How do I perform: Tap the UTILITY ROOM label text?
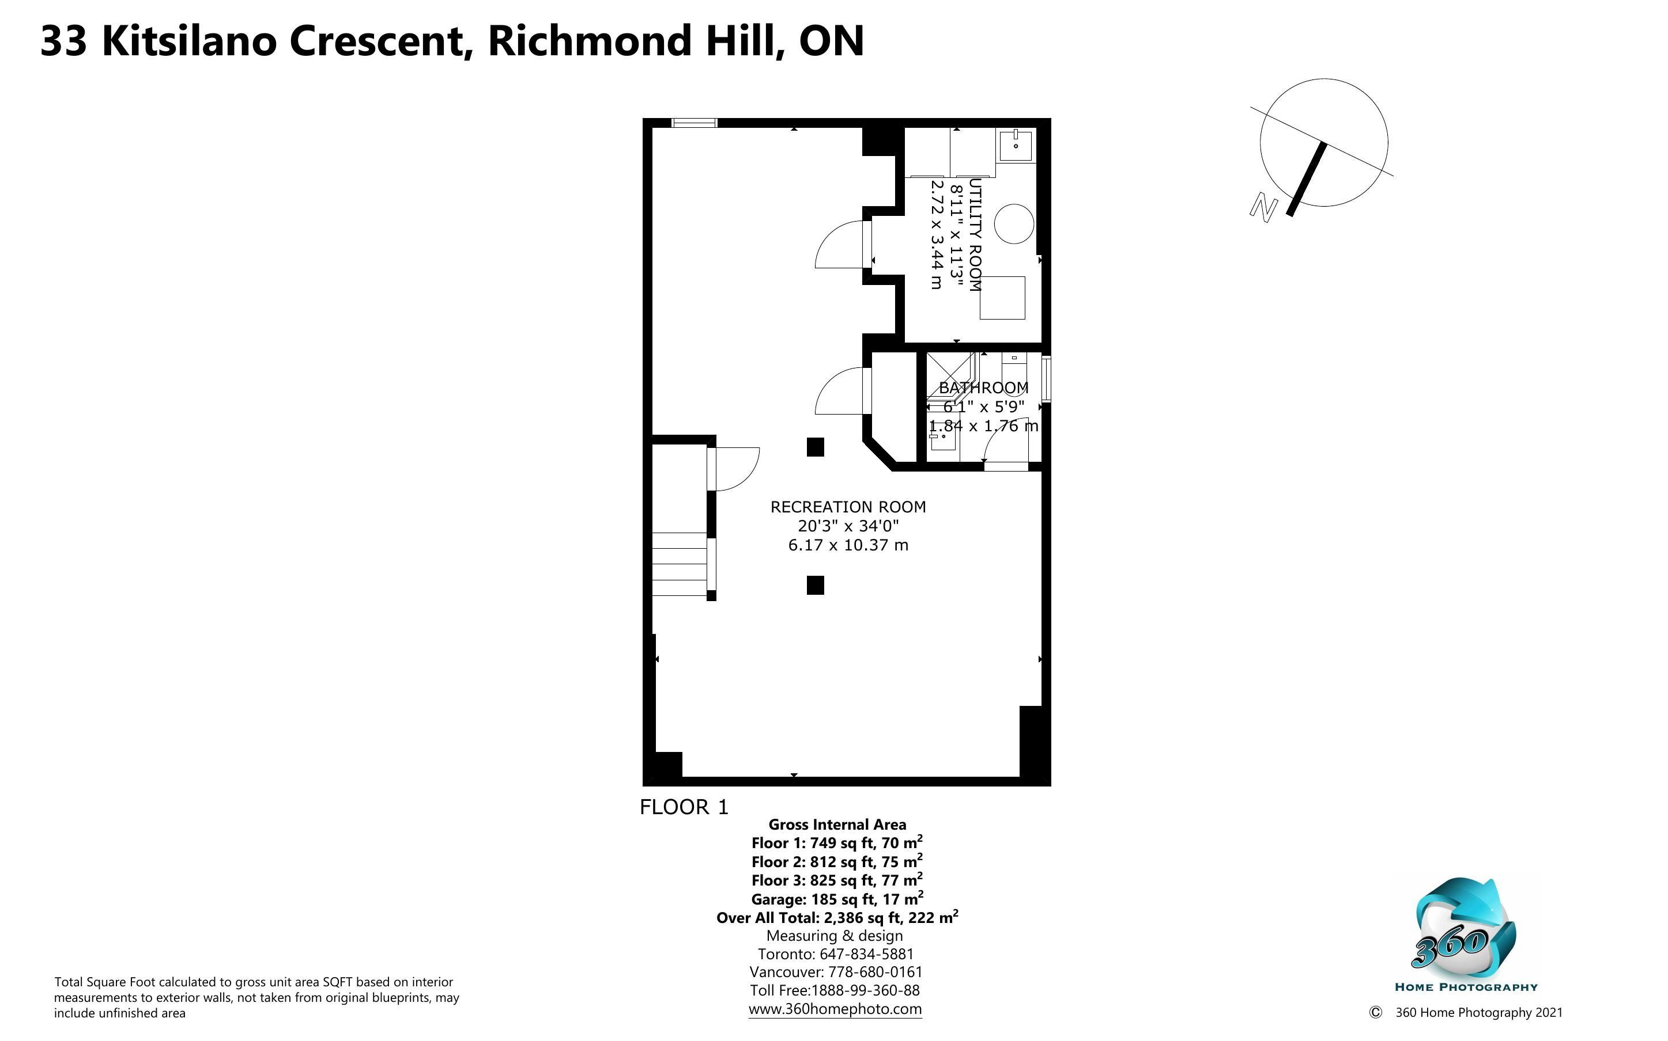(x=974, y=235)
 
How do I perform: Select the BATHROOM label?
(x=983, y=387)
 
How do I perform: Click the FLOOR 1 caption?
(x=684, y=807)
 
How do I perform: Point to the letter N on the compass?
(x=1263, y=208)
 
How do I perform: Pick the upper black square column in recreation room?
(x=815, y=447)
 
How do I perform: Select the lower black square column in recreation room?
(x=815, y=585)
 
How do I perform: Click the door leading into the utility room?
(x=867, y=244)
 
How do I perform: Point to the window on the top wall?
(x=695, y=123)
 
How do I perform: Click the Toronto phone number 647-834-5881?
(x=866, y=954)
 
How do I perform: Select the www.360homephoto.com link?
(x=835, y=1009)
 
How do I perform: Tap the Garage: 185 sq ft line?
(x=837, y=898)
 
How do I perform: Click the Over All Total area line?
(x=837, y=917)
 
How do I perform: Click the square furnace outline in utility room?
(x=1002, y=298)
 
